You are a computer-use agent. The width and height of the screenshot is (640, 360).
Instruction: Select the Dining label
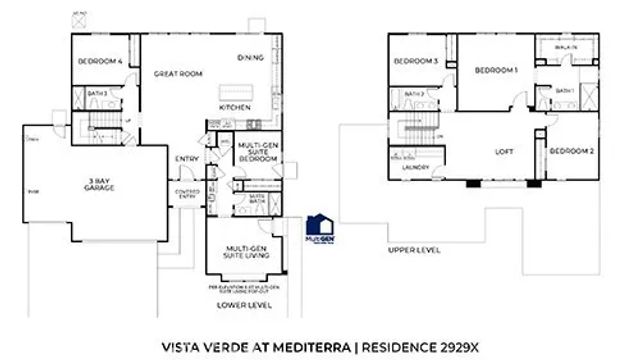pos(250,57)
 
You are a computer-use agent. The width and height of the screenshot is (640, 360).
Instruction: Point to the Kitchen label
pos(234,107)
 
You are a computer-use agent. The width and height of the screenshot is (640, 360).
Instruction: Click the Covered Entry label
pos(188,193)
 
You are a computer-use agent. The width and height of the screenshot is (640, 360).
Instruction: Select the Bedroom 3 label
pos(416,62)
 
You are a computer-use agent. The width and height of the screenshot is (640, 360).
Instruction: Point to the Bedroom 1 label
pos(495,70)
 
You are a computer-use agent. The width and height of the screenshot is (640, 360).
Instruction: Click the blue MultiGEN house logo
pos(318,225)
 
